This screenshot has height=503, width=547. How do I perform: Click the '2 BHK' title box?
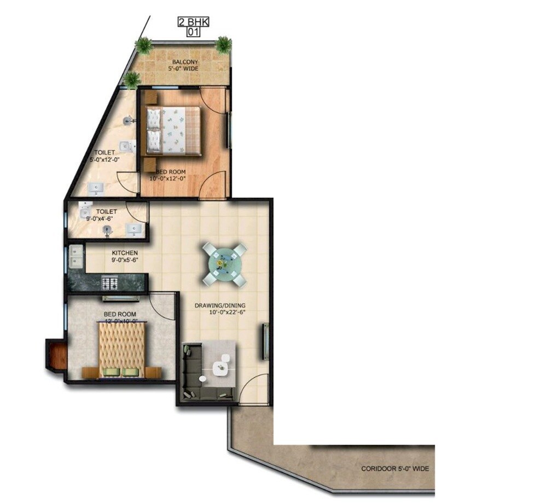(x=193, y=22)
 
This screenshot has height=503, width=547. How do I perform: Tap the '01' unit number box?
(x=193, y=32)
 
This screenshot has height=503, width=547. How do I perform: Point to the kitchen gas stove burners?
(x=110, y=283)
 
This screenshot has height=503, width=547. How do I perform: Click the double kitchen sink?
(x=75, y=257)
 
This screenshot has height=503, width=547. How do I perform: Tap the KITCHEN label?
(x=125, y=253)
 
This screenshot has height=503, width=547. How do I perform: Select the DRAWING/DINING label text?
(x=220, y=305)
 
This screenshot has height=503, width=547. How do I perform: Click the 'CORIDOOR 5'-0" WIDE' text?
(x=394, y=469)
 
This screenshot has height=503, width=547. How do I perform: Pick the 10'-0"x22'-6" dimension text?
(x=228, y=313)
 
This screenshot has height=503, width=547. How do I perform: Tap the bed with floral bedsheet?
(x=172, y=130)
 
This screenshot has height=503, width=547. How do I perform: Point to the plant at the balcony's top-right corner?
(x=223, y=44)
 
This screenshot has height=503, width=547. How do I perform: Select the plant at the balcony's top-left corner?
(x=143, y=45)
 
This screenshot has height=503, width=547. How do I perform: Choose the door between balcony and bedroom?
(x=214, y=100)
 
